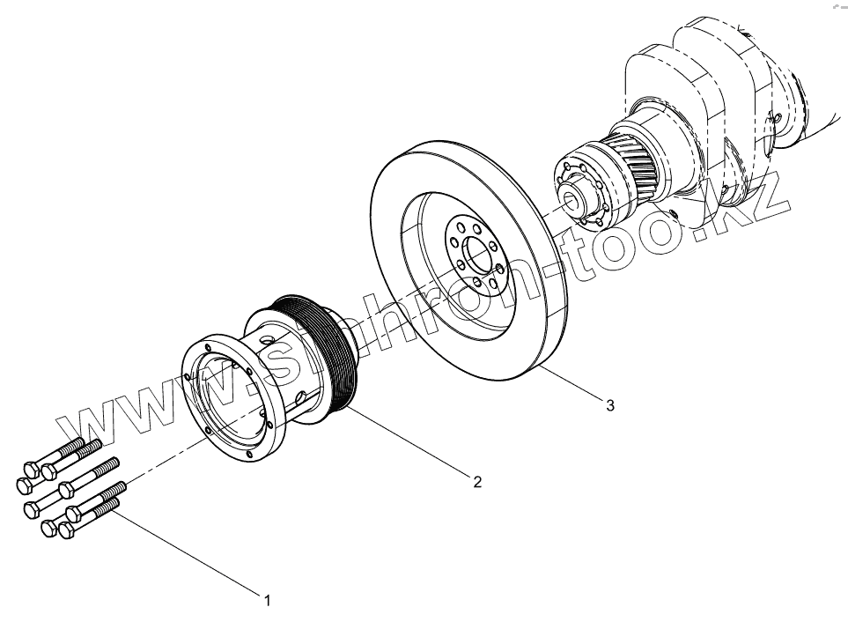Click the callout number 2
coord(476,481)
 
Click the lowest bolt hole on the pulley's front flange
coord(249,457)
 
